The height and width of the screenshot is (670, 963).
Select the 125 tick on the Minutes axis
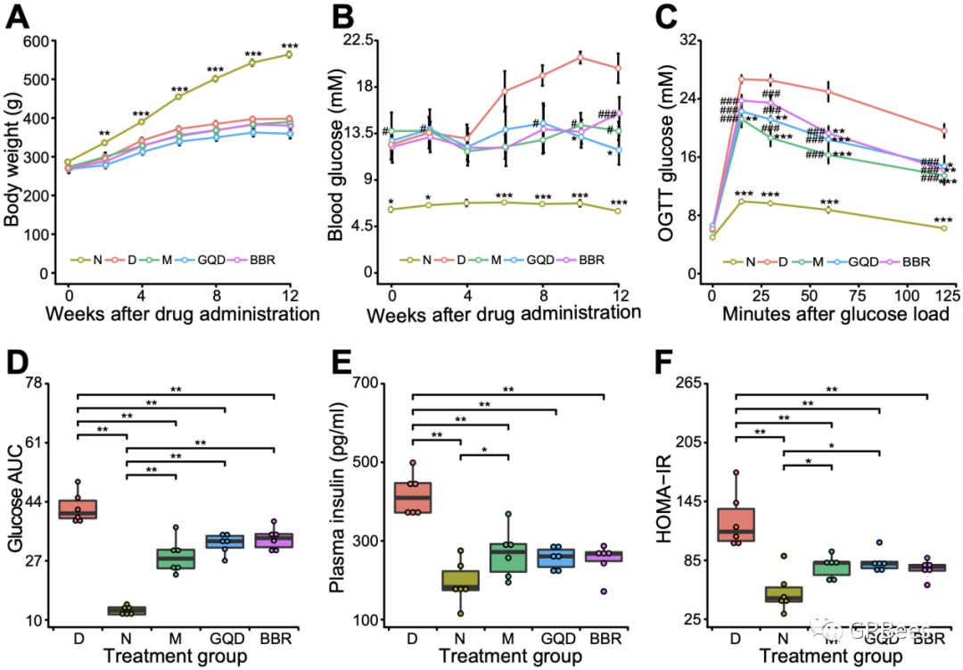click(x=947, y=294)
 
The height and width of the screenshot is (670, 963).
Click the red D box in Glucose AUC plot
click(x=78, y=509)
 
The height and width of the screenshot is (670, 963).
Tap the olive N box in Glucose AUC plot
click(x=127, y=610)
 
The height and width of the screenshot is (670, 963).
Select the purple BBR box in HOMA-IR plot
click(x=928, y=567)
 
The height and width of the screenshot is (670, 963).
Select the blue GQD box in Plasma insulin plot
click(x=556, y=558)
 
